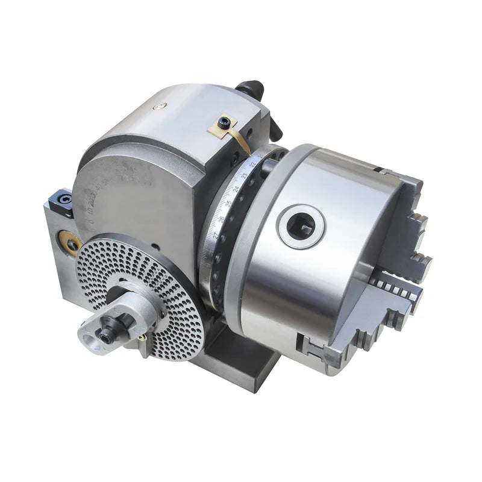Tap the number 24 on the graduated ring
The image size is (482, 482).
[236, 189]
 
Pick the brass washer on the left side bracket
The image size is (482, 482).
[72, 242]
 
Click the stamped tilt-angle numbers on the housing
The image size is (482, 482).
[108, 193]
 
